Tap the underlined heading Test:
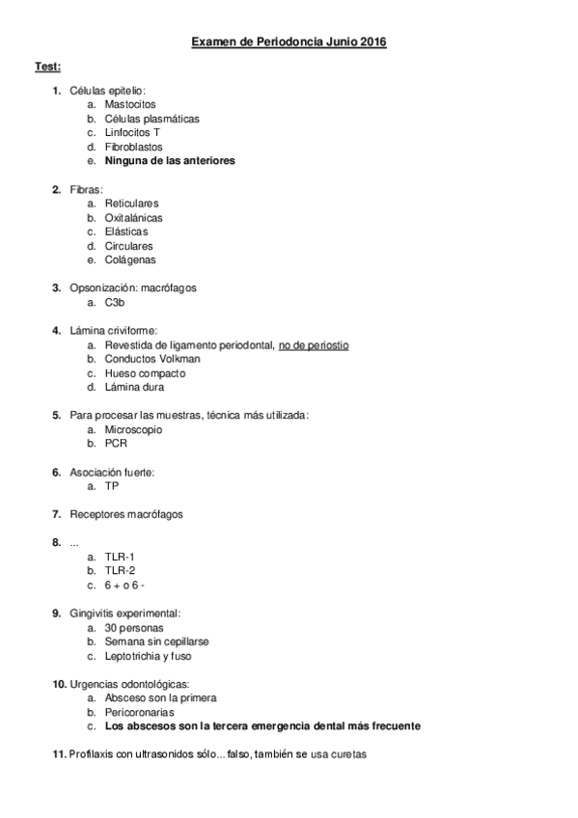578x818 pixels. (x=47, y=67)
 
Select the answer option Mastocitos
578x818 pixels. (x=129, y=104)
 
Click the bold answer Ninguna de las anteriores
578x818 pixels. (x=169, y=161)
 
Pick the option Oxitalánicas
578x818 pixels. (x=133, y=218)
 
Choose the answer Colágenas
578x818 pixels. (x=129, y=259)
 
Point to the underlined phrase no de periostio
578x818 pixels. (x=313, y=344)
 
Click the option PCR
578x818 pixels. (x=115, y=444)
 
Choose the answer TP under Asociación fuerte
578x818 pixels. (x=112, y=486)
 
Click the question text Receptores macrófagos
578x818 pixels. (x=125, y=514)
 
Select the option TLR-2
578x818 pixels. (x=120, y=571)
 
